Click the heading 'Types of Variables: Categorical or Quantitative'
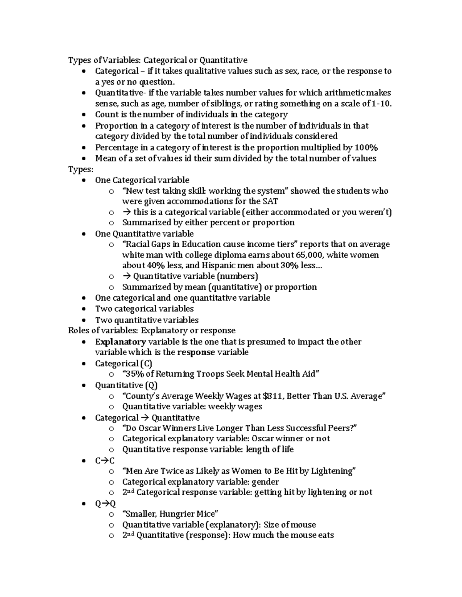158,60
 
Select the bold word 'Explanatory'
121,342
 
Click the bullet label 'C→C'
105,461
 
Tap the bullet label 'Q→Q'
105,504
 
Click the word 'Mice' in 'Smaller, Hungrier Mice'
207,514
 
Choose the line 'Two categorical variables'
144,309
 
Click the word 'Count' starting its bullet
107,115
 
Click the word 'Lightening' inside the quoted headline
332,471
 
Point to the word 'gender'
265,482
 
